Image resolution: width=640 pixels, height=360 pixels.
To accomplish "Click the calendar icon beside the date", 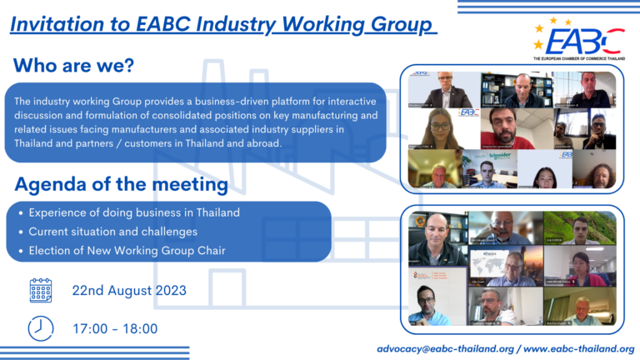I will click(x=40, y=290).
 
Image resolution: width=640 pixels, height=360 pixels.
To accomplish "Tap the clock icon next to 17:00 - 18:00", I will click(x=40, y=328).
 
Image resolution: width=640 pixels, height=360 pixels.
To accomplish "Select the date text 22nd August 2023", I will click(x=129, y=291).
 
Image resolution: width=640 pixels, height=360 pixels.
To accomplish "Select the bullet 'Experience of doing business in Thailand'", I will click(x=133, y=213).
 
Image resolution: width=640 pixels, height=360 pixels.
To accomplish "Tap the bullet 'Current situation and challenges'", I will click(x=112, y=231).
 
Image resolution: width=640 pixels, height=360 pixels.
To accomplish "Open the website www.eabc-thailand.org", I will click(x=578, y=348).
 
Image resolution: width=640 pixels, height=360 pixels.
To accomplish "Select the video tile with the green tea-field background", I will click(x=580, y=227).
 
